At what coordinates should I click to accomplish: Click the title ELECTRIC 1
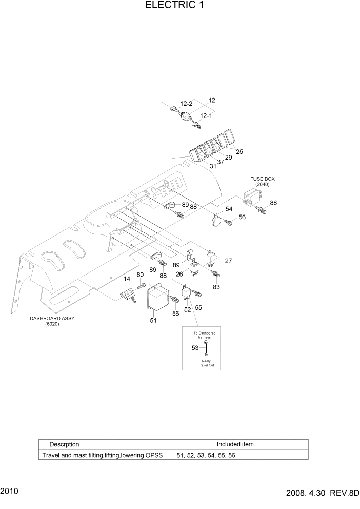170,6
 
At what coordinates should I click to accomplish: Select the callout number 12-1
206,116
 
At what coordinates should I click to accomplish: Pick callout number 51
153,321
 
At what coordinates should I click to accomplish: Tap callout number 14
127,279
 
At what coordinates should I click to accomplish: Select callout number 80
140,274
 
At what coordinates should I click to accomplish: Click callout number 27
228,261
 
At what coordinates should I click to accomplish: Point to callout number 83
216,287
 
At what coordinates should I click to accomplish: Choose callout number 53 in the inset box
195,348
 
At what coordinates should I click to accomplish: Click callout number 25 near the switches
239,151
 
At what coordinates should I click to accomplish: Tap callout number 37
220,162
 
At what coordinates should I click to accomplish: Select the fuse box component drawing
252,197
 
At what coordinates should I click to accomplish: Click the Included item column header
235,444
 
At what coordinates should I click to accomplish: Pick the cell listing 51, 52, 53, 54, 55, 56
206,455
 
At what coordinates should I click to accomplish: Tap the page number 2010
10,491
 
